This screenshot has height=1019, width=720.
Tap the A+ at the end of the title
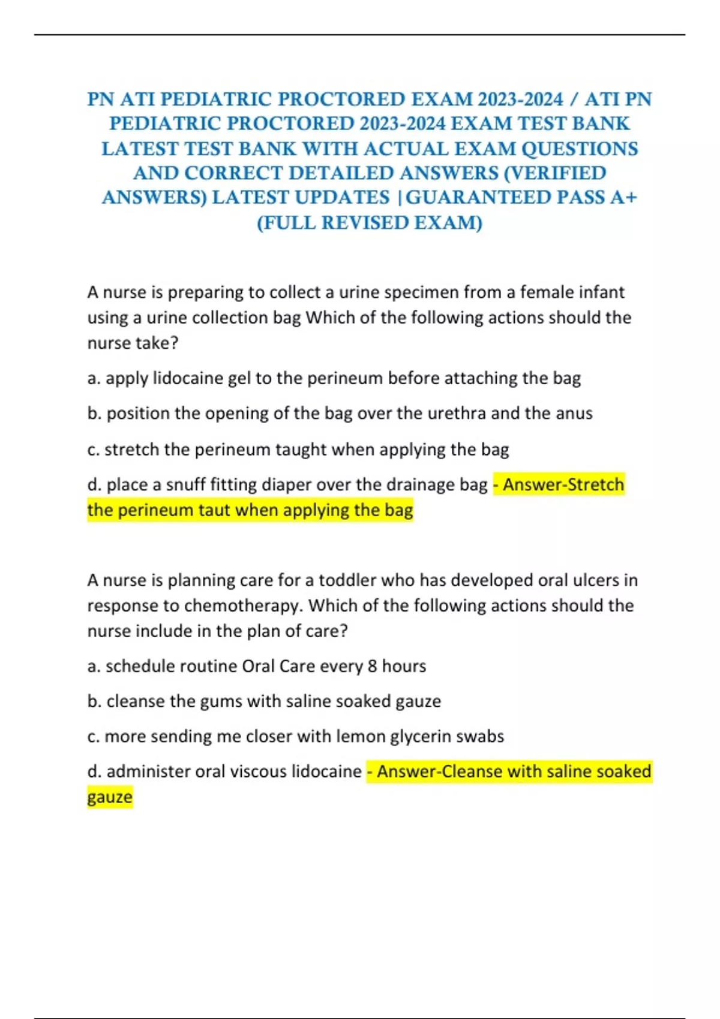click(623, 197)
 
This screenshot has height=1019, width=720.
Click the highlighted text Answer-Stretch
click(563, 484)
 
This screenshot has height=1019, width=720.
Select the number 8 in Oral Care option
click(372, 667)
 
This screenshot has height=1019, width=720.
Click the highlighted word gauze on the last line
click(110, 798)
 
